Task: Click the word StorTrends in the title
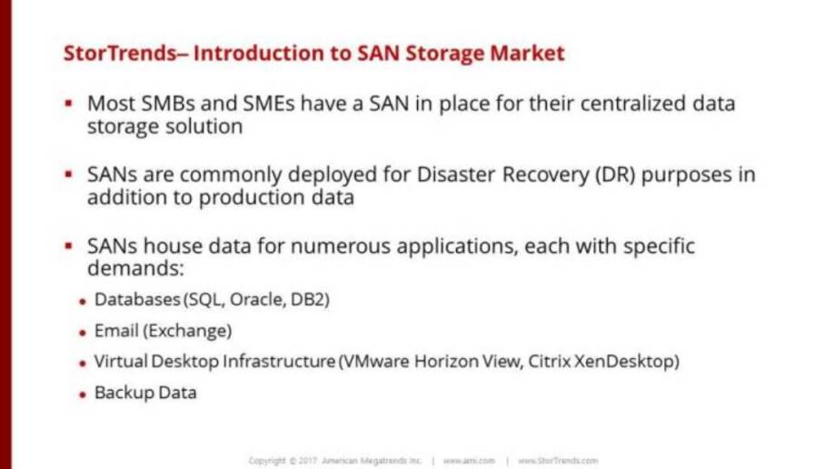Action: [120, 54]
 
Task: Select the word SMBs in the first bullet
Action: [167, 104]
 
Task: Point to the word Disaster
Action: [456, 175]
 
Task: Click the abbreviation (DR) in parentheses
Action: [615, 175]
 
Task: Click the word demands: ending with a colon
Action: [135, 268]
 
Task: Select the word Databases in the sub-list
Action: [137, 299]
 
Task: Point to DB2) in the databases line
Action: [310, 299]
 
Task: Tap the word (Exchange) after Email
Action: [187, 331]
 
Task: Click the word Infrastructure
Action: [279, 361]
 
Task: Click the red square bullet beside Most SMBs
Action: [68, 102]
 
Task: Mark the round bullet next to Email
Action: [83, 334]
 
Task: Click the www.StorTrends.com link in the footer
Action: [558, 461]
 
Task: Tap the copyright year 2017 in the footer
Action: [307, 461]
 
